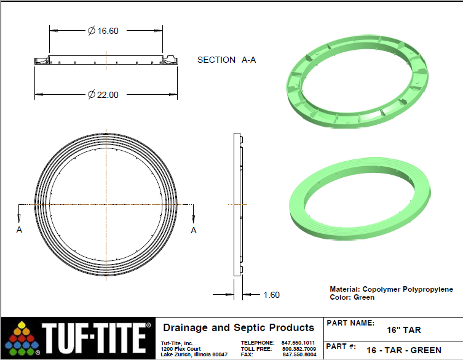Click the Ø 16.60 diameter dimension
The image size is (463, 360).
(103, 30)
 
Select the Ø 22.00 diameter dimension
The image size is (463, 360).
(103, 95)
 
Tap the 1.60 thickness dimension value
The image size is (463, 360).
(271, 295)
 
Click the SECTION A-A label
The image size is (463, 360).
(226, 60)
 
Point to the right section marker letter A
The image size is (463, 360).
(194, 230)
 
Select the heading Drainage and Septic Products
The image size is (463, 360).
(239, 328)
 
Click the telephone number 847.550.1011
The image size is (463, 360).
(298, 343)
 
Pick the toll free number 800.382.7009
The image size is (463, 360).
(298, 349)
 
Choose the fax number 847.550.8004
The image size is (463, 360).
(298, 355)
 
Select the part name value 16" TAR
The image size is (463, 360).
(404, 330)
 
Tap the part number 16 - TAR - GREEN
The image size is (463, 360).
(403, 350)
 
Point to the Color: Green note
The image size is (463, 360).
(352, 297)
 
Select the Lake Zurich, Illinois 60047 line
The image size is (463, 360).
(194, 355)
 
